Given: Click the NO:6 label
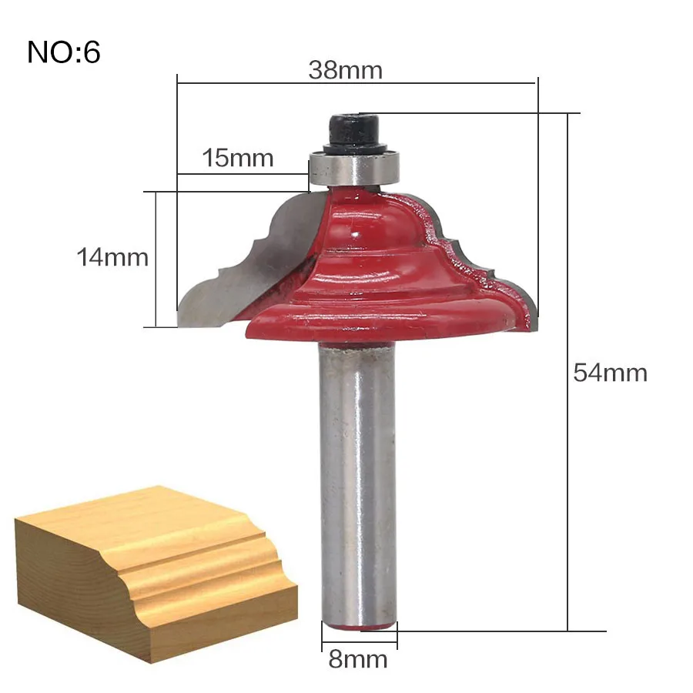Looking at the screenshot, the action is [x=64, y=52].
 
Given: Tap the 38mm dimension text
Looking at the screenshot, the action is [x=345, y=70].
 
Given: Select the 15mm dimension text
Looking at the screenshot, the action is [x=238, y=158].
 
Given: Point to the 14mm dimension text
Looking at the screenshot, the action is [x=112, y=257].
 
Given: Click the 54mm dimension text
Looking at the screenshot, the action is [x=611, y=373].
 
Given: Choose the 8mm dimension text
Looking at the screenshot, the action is [x=358, y=659].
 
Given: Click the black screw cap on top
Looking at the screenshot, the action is [x=355, y=133].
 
